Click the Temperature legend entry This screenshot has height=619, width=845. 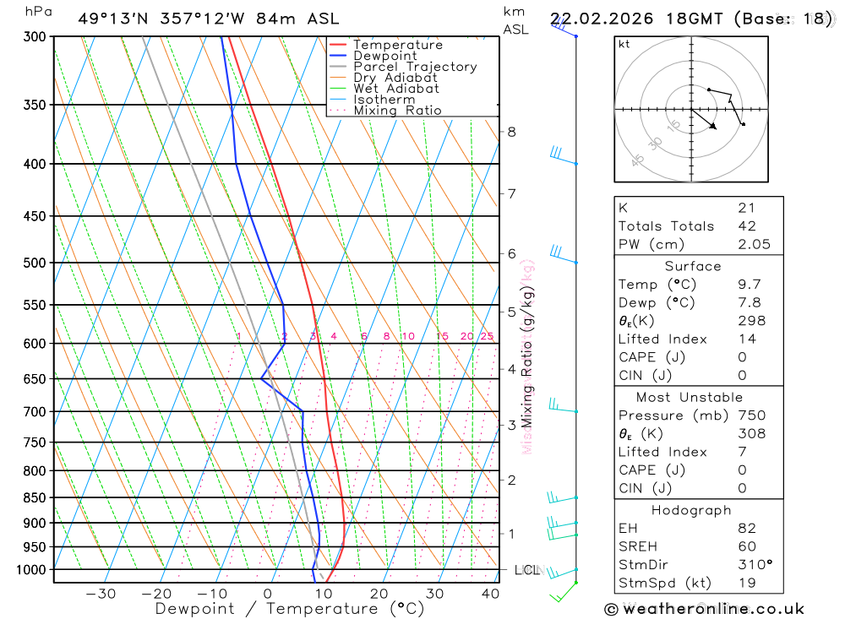click(x=397, y=45)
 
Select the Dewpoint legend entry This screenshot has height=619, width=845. click(x=384, y=56)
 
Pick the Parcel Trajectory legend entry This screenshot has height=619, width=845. click(x=415, y=67)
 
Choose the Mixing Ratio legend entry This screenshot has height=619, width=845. click(x=397, y=111)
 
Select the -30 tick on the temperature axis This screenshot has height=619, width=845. click(x=101, y=594)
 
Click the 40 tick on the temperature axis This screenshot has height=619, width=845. click(x=490, y=594)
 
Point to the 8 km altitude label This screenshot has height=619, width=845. click(x=511, y=132)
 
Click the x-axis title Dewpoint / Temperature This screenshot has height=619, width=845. click(x=290, y=608)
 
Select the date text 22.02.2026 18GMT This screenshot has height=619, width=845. click(x=639, y=19)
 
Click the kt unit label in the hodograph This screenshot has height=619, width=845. click(x=624, y=45)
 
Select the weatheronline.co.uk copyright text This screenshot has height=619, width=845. click(x=704, y=609)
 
